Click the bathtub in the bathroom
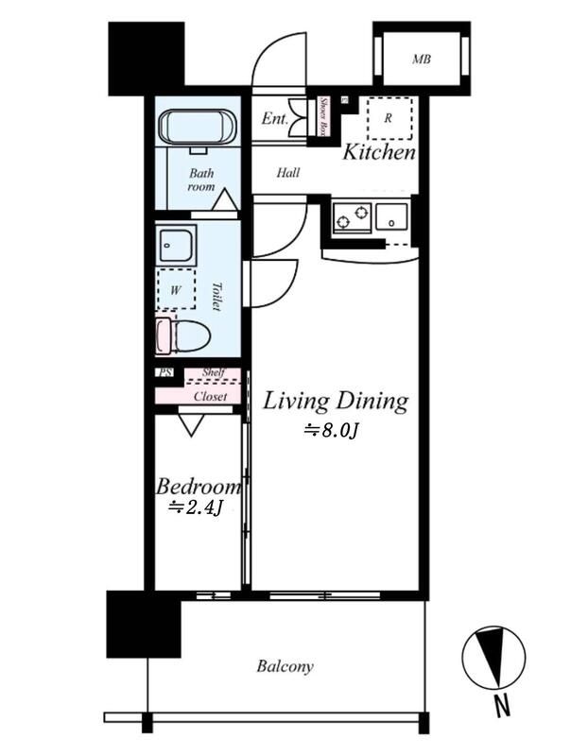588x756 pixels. (x=198, y=128)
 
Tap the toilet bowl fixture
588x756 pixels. (x=183, y=335)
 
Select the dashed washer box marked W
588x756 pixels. (x=176, y=289)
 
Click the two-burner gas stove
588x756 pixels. (x=352, y=218)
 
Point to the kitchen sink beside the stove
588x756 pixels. (x=391, y=217)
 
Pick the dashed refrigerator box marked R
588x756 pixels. (x=389, y=119)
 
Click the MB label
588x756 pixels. (x=421, y=60)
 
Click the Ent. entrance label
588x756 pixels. (x=274, y=118)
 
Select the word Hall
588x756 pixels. (x=288, y=172)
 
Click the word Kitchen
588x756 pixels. (x=379, y=152)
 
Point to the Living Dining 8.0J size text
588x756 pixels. (x=331, y=431)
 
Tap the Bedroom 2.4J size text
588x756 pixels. (x=196, y=507)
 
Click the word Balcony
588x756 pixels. (x=285, y=667)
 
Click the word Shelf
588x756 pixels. (x=214, y=372)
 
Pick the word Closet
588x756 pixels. (x=210, y=397)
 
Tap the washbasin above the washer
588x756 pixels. (x=176, y=245)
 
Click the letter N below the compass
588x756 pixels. (x=503, y=707)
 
